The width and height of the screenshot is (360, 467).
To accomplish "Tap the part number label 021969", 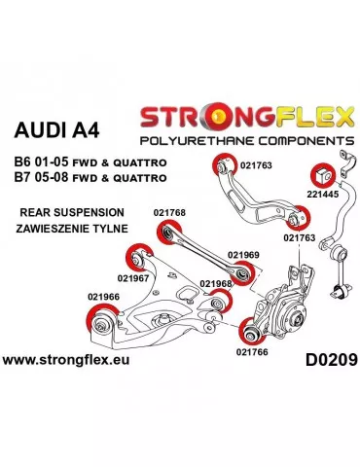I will (243, 255).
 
